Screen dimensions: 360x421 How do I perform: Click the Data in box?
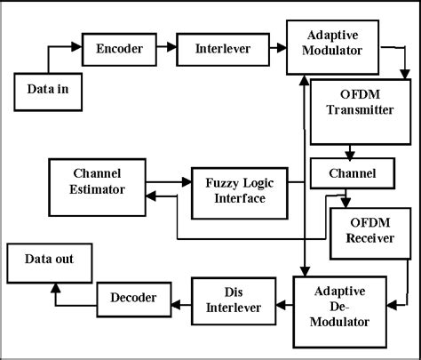(46, 89)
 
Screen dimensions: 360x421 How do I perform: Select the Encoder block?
(118, 49)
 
